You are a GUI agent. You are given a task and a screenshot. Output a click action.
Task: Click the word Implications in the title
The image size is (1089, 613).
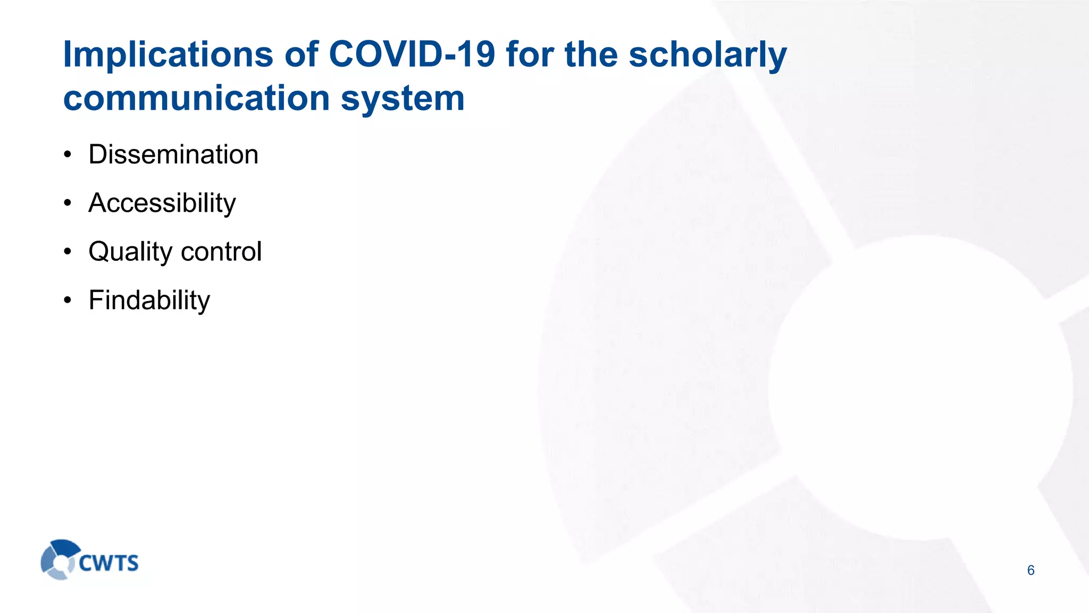click(x=167, y=55)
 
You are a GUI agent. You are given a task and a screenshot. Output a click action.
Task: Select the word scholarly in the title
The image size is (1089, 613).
click(x=707, y=55)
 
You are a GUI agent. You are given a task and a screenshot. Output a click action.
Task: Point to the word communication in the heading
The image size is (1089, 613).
click(x=197, y=98)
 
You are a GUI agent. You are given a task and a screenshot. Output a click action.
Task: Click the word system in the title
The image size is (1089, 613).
click(x=403, y=100)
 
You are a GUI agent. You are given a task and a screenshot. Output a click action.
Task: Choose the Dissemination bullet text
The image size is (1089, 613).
click(x=173, y=155)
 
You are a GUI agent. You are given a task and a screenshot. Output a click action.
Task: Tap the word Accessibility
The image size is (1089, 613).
click(x=162, y=203)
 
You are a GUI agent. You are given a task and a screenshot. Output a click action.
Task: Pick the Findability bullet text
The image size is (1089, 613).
click(x=149, y=300)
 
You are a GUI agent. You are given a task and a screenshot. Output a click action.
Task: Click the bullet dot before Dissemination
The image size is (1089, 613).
click(x=67, y=155)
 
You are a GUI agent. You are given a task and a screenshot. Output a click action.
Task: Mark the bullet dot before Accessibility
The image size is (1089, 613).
click(x=67, y=203)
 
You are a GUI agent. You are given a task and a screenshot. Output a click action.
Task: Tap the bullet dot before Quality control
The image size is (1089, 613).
click(x=67, y=252)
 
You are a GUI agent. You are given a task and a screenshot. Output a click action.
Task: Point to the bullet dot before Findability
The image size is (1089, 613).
click(x=67, y=300)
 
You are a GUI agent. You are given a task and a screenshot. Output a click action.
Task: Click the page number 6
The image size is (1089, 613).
click(x=1031, y=570)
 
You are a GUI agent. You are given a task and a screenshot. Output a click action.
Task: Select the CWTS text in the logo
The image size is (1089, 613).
click(x=108, y=563)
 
